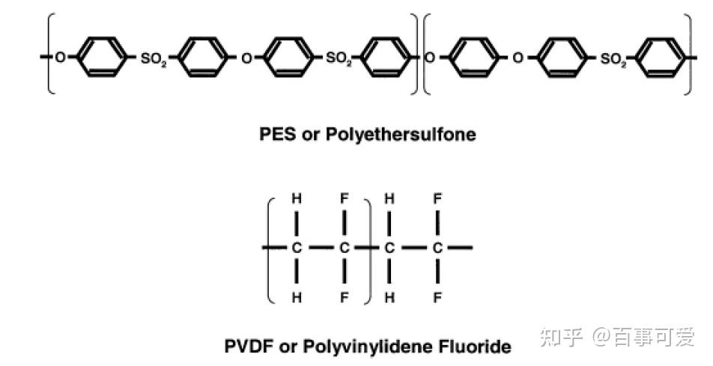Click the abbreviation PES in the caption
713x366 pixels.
(x=275, y=135)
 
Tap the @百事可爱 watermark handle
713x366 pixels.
(x=645, y=338)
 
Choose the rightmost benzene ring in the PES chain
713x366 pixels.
(x=664, y=57)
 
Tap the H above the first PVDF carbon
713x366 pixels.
(x=297, y=199)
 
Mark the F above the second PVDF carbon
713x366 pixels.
(x=344, y=199)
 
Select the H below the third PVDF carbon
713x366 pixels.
(x=389, y=298)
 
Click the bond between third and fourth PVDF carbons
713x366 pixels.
(x=413, y=247)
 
